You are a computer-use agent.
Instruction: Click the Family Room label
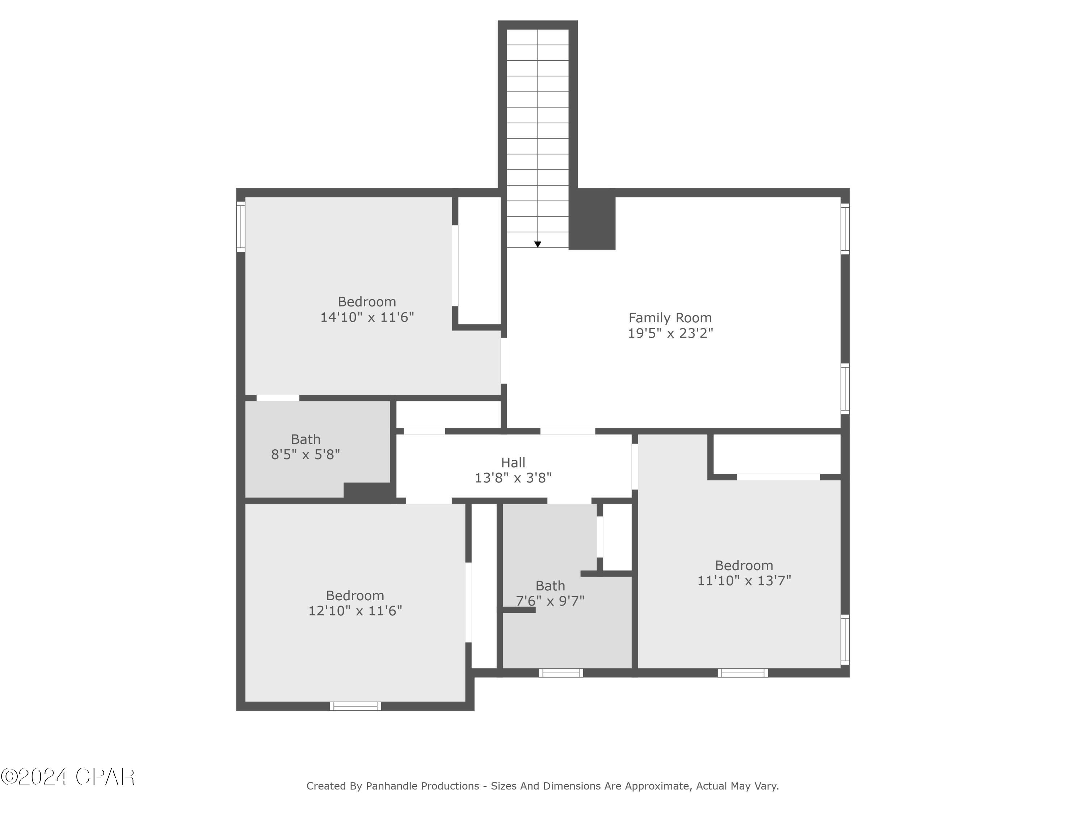pos(670,318)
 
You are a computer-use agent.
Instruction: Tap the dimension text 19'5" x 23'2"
pos(670,334)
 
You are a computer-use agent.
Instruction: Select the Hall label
pos(513,463)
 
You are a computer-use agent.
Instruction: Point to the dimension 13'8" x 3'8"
pos(513,478)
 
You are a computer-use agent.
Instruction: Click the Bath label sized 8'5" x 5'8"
pos(306,439)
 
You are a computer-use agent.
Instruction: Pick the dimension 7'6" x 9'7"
pos(550,601)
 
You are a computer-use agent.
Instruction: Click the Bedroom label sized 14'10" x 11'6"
pos(367,302)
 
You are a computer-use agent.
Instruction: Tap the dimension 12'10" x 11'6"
pos(355,611)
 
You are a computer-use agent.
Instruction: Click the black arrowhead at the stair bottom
pos(538,244)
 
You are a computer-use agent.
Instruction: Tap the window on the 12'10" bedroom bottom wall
pos(355,706)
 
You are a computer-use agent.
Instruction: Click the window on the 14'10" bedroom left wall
pos(241,227)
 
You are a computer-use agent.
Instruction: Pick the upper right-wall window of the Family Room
pos(845,229)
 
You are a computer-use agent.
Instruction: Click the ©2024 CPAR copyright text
pos(68,777)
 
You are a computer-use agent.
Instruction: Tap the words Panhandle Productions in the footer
pos(422,786)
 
